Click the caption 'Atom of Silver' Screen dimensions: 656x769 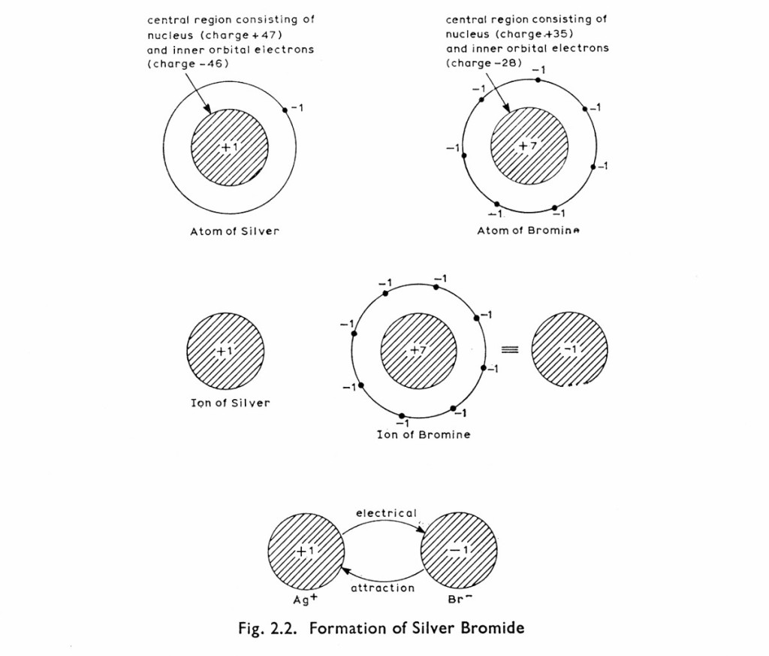point(234,231)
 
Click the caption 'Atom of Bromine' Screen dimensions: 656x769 point(529,231)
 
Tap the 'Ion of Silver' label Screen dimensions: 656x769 point(230,403)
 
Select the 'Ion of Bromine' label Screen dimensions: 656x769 point(424,434)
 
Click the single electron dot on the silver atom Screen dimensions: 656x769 point(285,110)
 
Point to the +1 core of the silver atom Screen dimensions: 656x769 point(230,147)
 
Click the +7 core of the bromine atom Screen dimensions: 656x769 point(529,146)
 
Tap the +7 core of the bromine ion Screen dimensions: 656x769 point(418,351)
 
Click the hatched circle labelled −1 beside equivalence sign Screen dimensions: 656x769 point(570,350)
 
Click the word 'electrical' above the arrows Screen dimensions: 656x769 point(386,513)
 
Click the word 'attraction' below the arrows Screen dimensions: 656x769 point(383,588)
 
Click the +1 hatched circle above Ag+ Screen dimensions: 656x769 point(306,551)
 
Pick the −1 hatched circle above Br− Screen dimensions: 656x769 point(459,551)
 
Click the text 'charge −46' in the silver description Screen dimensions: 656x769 point(188,64)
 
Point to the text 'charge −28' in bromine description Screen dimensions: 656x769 point(484,62)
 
